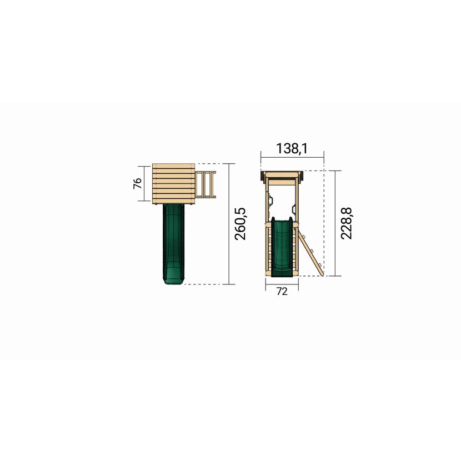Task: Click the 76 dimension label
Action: coord(138,183)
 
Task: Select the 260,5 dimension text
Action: coord(240,224)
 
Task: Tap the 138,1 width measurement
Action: coord(292,148)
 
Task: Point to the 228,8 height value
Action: coord(347,223)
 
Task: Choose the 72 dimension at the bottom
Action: coord(282,292)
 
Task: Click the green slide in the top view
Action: coord(173,244)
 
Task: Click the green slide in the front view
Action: coord(282,247)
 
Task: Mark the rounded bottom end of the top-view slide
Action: coord(173,281)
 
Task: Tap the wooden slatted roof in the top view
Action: coord(174,184)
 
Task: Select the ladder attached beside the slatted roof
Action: coord(206,184)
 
